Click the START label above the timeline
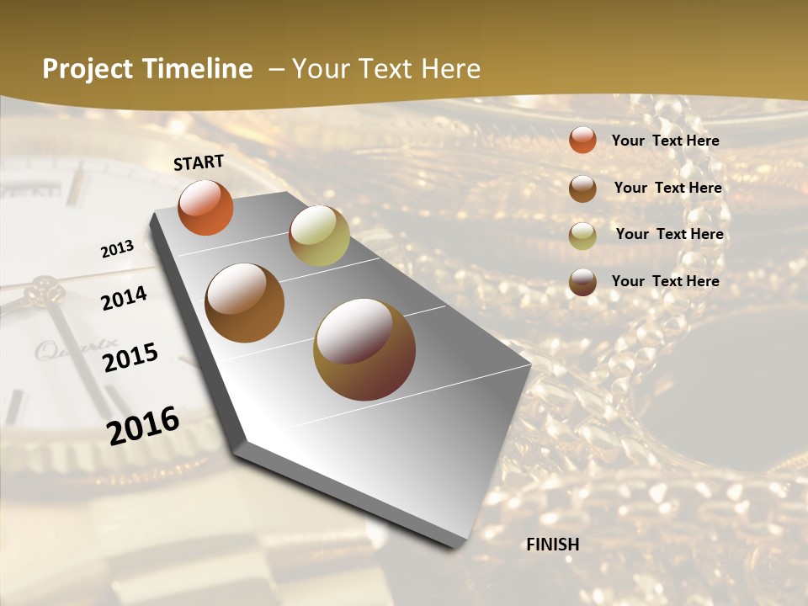pos(199,162)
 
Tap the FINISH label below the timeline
pos(552,545)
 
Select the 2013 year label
pos(117,249)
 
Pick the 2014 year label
pos(124,299)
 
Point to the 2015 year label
pos(130,358)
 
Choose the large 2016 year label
pos(143,425)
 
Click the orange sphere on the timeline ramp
pos(205,207)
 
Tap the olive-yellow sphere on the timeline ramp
pos(319,236)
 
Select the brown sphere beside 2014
pos(244,303)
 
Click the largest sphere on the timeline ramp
pos(364,349)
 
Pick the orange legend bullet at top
pos(582,140)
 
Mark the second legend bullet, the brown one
pos(582,189)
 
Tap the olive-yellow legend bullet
pos(582,236)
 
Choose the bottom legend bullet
pos(582,282)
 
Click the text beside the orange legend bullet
pos(665,141)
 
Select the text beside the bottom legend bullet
pos(665,281)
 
